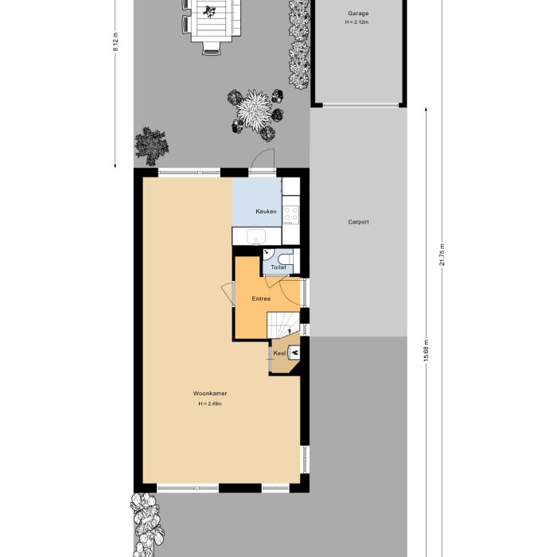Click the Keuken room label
[266, 212]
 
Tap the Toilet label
[278, 268]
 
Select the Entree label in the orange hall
[261, 299]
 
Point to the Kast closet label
[279, 353]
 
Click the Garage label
[358, 14]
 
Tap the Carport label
[358, 223]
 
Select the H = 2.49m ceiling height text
[210, 404]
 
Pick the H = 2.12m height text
[358, 22]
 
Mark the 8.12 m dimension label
[116, 41]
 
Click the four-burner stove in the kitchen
[290, 213]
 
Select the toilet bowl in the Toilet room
[287, 259]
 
